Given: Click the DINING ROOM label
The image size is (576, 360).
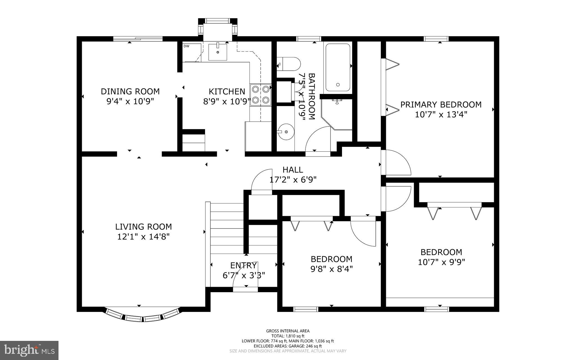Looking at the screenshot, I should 130,91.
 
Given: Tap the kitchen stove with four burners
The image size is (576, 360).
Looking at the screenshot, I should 260,95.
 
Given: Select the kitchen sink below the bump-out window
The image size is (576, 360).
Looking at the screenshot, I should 217,52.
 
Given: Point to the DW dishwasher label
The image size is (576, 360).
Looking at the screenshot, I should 186,46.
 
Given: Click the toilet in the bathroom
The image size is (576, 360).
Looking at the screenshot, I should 289,64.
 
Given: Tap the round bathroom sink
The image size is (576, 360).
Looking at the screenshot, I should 286,132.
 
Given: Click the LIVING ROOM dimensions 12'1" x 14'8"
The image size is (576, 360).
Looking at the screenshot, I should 143,237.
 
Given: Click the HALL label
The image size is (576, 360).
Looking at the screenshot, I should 293,170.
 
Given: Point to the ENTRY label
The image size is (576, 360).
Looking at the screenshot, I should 243,265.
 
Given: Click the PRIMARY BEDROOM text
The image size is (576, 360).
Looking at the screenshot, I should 441,105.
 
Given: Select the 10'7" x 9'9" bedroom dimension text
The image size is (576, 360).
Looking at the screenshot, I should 441,262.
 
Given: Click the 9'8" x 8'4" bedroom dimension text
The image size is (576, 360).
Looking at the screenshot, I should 331,269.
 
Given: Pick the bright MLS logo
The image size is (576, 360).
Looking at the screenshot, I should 29,350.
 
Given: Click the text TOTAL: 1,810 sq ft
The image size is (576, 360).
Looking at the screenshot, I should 288,336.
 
